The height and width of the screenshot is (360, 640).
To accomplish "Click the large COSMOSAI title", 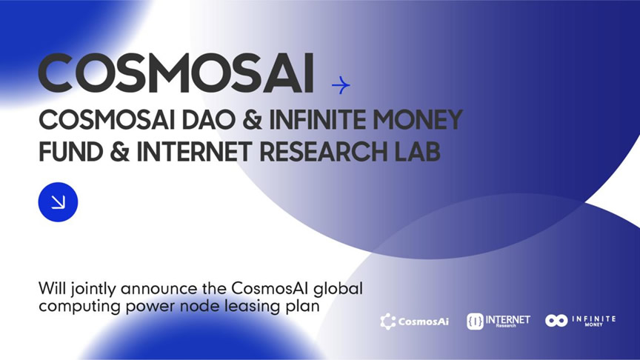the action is (x=176, y=73).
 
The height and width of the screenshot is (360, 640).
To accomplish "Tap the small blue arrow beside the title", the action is (x=341, y=85).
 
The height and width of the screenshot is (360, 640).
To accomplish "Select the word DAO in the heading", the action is (x=208, y=120).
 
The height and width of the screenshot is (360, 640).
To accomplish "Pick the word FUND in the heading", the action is (x=70, y=152).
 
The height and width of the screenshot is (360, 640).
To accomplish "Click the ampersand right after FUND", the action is (x=119, y=152).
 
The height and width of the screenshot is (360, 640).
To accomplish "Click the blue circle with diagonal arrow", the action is (x=58, y=202).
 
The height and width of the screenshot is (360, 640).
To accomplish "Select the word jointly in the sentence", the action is (x=93, y=290).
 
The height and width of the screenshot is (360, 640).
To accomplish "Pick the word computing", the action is (x=79, y=307).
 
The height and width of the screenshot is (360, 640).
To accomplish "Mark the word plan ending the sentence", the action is (x=302, y=307).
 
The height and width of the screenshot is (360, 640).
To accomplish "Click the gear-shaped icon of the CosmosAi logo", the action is (x=387, y=321).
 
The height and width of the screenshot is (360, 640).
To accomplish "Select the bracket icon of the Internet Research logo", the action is (x=475, y=321).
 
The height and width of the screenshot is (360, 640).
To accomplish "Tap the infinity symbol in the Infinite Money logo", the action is (x=556, y=321).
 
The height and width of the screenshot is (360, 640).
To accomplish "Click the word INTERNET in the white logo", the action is (x=507, y=319).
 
